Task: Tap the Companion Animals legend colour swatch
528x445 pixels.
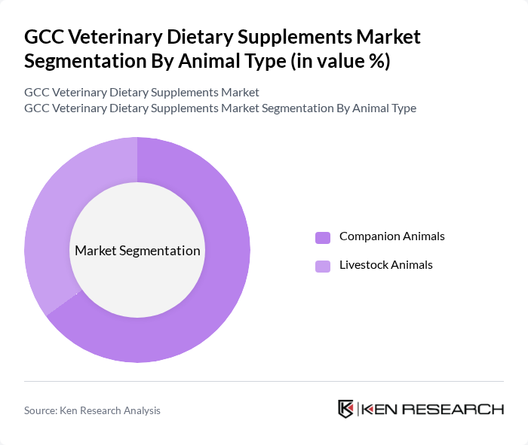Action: [323, 237]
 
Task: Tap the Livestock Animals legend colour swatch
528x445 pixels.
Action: [323, 266]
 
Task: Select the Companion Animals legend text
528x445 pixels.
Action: [391, 236]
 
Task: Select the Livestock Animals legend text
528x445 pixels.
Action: [385, 265]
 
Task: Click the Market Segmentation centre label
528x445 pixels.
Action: [137, 251]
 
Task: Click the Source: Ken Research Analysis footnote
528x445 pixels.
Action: [92, 410]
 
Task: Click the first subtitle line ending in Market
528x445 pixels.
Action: [142, 93]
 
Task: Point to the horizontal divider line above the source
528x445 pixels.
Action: [264, 382]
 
